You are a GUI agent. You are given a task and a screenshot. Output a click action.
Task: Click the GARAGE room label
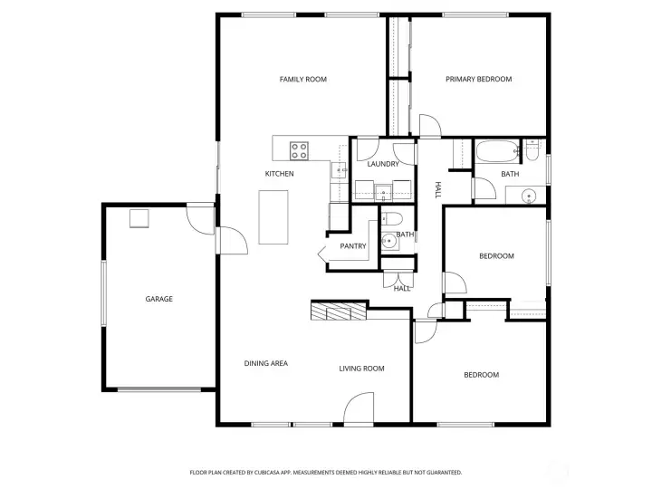[x=159, y=299]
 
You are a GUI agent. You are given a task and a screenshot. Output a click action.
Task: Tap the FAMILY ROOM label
[x=302, y=80]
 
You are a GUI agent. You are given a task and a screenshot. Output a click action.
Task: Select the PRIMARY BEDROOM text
[x=478, y=80]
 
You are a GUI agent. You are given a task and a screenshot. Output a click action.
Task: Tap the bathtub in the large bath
[x=496, y=150]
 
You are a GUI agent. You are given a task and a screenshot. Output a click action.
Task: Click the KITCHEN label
[x=279, y=174]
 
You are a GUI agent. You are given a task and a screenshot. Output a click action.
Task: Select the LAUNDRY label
[x=383, y=164]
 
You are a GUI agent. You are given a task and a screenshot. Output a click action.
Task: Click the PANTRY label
[x=352, y=246]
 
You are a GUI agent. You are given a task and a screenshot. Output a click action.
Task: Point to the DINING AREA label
[x=265, y=364]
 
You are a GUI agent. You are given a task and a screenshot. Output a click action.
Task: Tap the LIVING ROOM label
[x=361, y=369]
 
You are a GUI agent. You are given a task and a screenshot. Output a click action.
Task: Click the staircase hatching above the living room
[x=338, y=312]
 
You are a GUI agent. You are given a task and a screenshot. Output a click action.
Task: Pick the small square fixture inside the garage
[x=139, y=219]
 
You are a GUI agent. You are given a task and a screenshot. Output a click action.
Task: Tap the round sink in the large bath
[x=527, y=195]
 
